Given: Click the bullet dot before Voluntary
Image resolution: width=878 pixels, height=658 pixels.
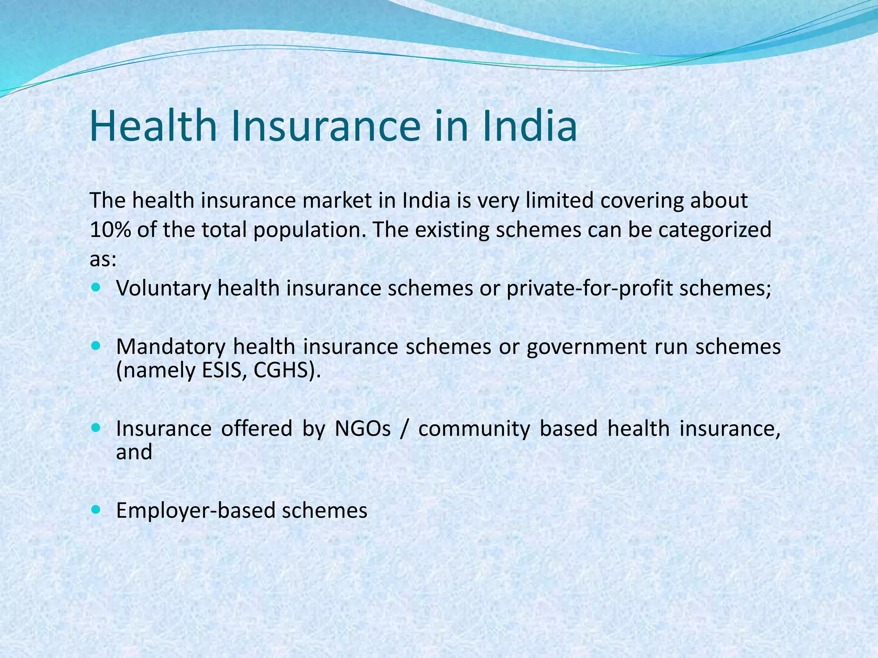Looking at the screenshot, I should pos(95,286).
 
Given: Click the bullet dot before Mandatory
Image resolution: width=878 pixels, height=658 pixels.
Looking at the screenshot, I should pos(95,345).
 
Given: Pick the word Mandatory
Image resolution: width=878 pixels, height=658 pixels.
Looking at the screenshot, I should pos(170,347).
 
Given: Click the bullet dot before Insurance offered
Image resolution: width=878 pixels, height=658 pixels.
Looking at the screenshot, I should pos(95,428).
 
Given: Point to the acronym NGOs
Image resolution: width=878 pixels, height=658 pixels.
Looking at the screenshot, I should pos(363,429).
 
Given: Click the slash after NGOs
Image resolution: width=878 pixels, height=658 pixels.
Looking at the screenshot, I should pos(403,429).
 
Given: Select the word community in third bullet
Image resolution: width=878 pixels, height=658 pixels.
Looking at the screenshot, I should pos(474,429).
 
